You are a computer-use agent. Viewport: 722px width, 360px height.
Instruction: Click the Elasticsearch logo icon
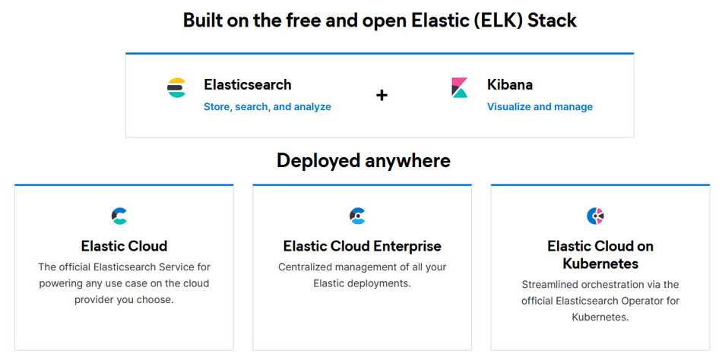pyautogui.click(x=176, y=88)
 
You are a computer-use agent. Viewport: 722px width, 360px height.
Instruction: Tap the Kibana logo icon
pyautogui.click(x=460, y=88)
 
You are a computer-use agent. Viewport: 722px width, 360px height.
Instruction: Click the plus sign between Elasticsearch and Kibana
pyautogui.click(x=382, y=95)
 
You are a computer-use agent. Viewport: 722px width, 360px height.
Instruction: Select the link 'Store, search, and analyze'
pyautogui.click(x=267, y=107)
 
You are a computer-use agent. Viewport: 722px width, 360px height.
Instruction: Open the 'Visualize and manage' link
pyautogui.click(x=540, y=107)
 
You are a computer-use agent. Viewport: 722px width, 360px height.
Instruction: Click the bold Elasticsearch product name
pyautogui.click(x=247, y=85)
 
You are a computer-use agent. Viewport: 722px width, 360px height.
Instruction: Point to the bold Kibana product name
pyautogui.click(x=510, y=85)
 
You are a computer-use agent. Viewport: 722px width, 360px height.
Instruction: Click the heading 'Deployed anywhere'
pyautogui.click(x=363, y=161)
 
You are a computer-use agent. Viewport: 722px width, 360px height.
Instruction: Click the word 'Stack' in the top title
pyautogui.click(x=552, y=21)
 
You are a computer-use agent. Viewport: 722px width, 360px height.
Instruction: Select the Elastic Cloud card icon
pyautogui.click(x=119, y=216)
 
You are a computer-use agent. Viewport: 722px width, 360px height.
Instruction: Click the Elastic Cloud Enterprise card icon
pyautogui.click(x=357, y=216)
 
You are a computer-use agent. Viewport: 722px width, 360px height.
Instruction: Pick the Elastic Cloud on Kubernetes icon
pyautogui.click(x=595, y=216)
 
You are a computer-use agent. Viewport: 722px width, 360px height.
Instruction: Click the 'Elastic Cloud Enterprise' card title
pyautogui.click(x=362, y=246)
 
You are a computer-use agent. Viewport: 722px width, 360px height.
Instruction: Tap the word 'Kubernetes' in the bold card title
pyautogui.click(x=600, y=264)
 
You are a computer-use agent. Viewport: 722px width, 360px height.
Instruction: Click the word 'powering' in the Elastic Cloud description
pyautogui.click(x=61, y=283)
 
